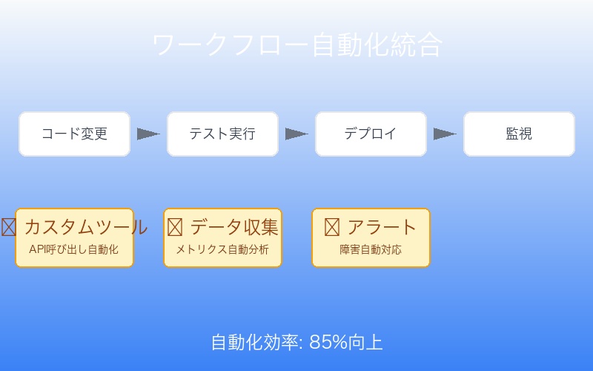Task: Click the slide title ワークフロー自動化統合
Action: [x=296, y=45]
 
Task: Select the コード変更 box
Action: [x=74, y=134]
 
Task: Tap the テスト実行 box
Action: [x=222, y=134]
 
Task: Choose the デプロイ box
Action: [x=371, y=134]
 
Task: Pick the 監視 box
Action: [x=519, y=134]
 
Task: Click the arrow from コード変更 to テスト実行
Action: [x=148, y=134]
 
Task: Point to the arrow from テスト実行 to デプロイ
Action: [x=296, y=134]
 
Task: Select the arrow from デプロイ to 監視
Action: [x=445, y=134]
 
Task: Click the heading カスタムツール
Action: [x=85, y=227]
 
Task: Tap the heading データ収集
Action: [x=233, y=227]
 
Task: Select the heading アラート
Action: [x=382, y=227]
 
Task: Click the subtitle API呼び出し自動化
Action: [x=74, y=249]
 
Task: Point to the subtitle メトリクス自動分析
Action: [x=222, y=249]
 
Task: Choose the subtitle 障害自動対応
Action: [x=371, y=249]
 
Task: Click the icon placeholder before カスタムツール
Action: [x=9, y=227]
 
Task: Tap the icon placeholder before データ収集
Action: [x=175, y=227]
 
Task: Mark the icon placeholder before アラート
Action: [x=332, y=227]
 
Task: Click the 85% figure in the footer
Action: [x=328, y=342]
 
